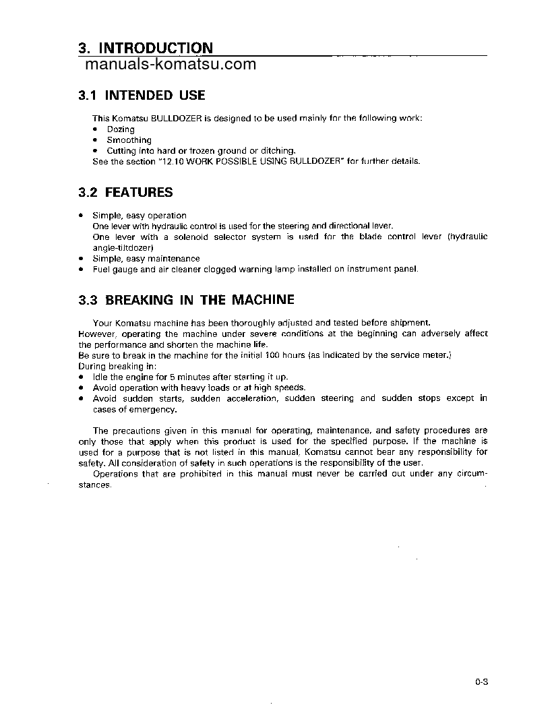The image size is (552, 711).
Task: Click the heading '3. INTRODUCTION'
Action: [x=146, y=48]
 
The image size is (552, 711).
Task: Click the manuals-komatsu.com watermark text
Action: [x=171, y=65]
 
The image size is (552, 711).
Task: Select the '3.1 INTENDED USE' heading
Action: [x=142, y=96]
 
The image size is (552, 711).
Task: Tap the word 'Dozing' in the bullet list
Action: [x=121, y=129]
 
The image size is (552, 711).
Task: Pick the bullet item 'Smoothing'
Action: [x=129, y=140]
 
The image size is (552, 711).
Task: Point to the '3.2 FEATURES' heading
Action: [x=125, y=193]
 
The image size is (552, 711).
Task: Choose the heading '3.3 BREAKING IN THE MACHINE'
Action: [x=186, y=300]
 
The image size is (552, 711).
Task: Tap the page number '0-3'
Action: [x=481, y=682]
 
